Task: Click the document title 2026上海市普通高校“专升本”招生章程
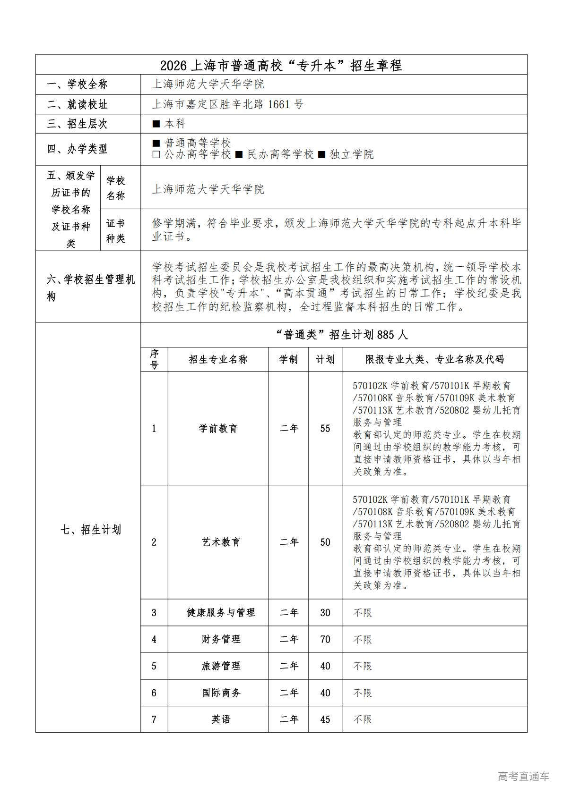coord(281,65)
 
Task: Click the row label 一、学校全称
coord(77,85)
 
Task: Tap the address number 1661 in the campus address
coord(278,104)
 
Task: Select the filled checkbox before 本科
coord(156,124)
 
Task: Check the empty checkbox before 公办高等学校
coord(156,155)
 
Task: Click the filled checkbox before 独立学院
coord(321,155)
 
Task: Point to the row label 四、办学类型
coord(77,149)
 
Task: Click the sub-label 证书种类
coord(115,231)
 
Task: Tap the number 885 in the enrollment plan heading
coord(386,335)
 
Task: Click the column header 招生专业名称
coord(218,360)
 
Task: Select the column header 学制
coord(288,360)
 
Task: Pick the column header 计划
coord(325,360)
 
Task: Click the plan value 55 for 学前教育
coord(325,429)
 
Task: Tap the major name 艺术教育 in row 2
coord(221,542)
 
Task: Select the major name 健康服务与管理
coord(221,613)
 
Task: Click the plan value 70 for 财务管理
coord(325,640)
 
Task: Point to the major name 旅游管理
coord(221,666)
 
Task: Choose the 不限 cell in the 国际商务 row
coord(363,693)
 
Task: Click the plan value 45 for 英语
coord(325,720)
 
